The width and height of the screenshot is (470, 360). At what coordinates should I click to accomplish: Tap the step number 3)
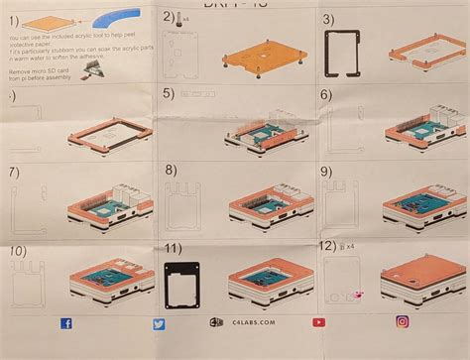point(328,19)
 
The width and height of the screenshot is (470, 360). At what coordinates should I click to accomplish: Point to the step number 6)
point(326,94)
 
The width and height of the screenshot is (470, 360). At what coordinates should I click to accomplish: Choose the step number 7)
point(13,172)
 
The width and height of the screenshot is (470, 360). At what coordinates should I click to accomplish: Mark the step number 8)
point(172,170)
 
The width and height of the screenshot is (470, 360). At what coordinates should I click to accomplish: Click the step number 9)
point(326,171)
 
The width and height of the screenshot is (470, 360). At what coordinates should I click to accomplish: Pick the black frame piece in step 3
point(343,51)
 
